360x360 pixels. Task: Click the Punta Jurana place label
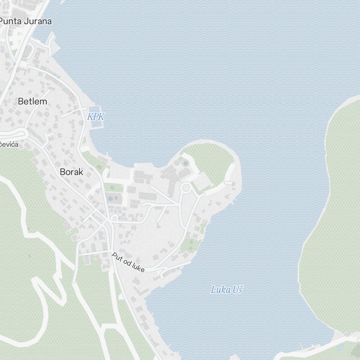[25, 21]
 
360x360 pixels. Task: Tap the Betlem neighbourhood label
[32, 102]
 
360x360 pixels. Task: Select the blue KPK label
[96, 117]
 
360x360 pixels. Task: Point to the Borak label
[71, 172]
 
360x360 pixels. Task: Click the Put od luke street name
[128, 262]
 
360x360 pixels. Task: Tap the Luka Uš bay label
[226, 289]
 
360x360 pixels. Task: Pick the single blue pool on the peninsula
[185, 164]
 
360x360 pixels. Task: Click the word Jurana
[38, 21]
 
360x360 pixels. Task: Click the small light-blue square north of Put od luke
[125, 242]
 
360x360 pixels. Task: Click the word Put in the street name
[117, 256]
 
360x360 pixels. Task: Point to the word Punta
[11, 21]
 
